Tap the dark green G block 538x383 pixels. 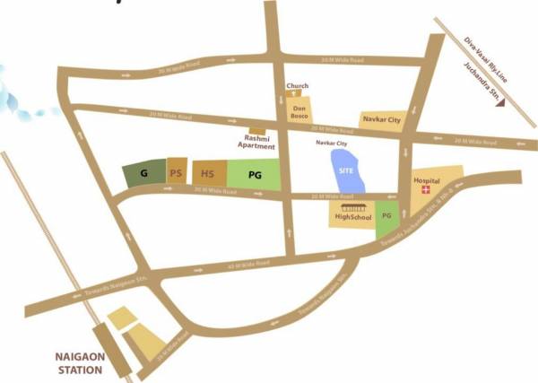[143, 173]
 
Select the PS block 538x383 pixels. [177, 172]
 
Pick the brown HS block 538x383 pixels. [207, 173]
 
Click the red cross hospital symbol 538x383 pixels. [428, 191]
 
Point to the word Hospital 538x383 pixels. [426, 180]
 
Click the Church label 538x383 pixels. [297, 86]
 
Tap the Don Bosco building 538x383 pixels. [299, 113]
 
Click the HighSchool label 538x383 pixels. [353, 216]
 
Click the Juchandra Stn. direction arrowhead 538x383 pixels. [507, 102]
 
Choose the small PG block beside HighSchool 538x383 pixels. [387, 215]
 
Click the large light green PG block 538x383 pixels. [255, 173]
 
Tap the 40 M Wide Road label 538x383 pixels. [249, 264]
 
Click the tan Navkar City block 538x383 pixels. [381, 118]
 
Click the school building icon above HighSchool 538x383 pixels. [353, 206]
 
